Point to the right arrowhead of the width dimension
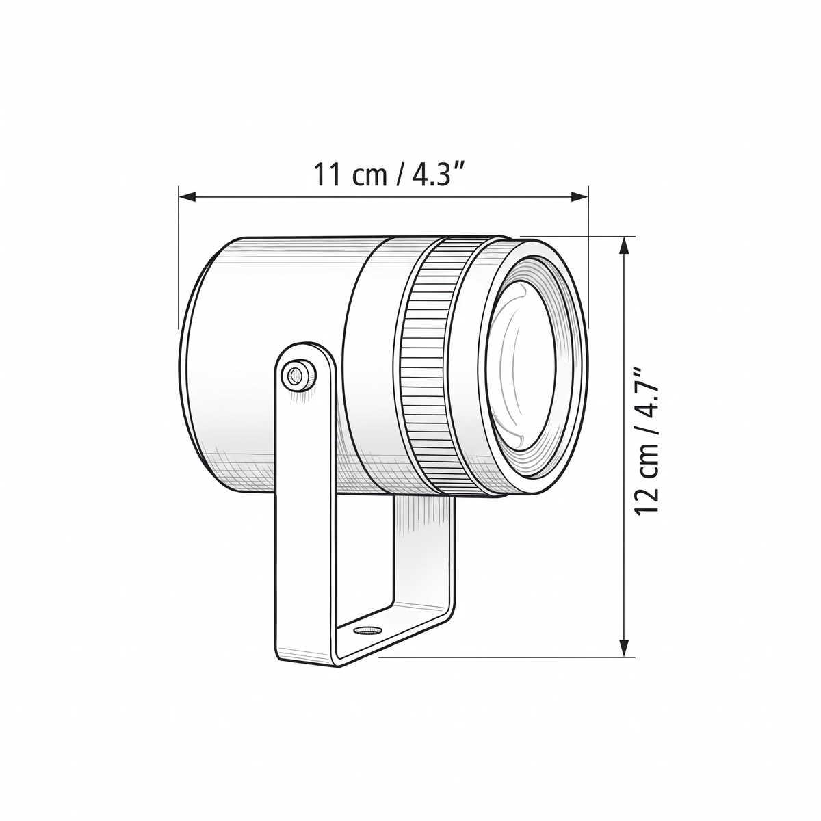580,196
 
